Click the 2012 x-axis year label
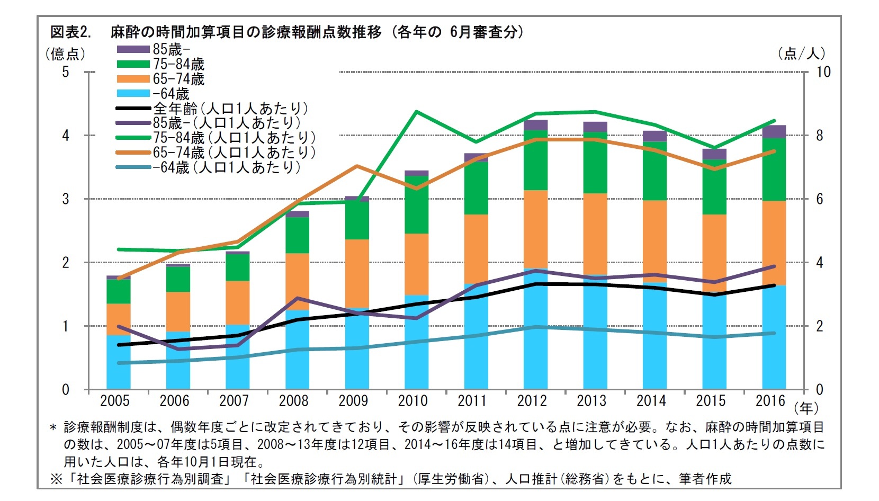[532, 401]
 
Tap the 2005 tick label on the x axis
[114, 401]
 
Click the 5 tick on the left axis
[66, 72]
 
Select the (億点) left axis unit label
[65, 53]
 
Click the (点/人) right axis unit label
[801, 53]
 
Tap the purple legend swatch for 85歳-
[133, 49]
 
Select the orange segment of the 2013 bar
[595, 233]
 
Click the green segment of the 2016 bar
[774, 169]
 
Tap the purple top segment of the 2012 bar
[535, 125]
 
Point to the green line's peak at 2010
[417, 112]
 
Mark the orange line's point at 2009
[357, 166]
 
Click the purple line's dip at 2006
[178, 349]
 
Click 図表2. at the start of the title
[70, 32]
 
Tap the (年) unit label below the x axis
[806, 408]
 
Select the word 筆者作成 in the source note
[705, 479]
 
